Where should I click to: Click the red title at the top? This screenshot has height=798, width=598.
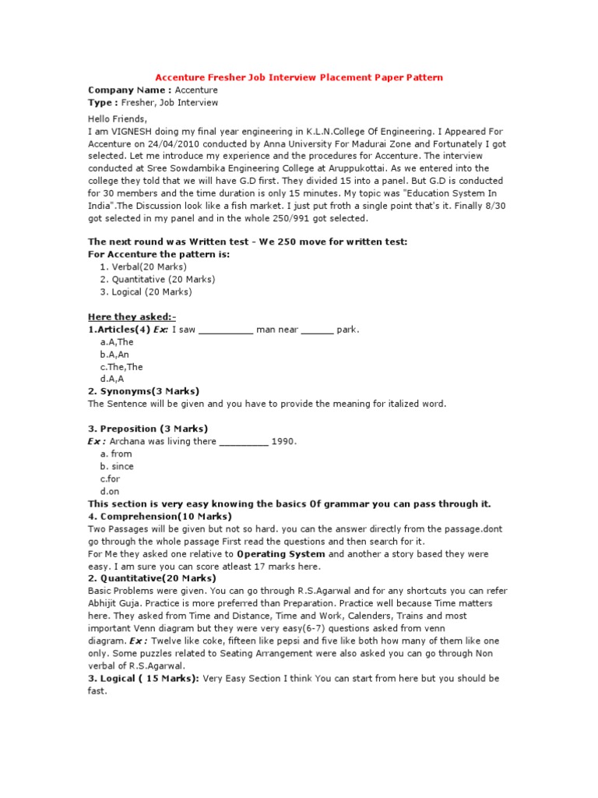pos(299,77)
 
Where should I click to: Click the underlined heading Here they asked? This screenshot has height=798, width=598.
pos(132,317)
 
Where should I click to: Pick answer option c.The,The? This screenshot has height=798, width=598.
pos(121,367)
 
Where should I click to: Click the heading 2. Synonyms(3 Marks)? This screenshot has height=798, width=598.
pos(144,391)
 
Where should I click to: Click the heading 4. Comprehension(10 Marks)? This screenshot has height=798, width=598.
pos(160,516)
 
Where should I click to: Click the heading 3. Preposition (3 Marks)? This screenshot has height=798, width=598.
pos(148,429)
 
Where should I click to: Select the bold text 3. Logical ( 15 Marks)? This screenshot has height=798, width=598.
pos(144,678)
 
